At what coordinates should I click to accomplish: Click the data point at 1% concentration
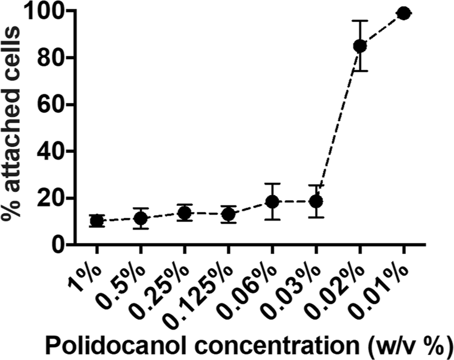[x=96, y=221]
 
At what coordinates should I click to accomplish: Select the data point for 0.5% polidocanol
[x=141, y=218]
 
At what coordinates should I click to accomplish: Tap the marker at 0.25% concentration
[x=185, y=213]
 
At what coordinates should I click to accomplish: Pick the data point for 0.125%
[x=229, y=214]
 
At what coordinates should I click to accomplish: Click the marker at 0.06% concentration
[x=272, y=202]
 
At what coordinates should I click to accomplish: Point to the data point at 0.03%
[x=316, y=201]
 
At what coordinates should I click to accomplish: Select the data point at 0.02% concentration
[x=360, y=46]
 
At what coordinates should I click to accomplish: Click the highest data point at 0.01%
[x=403, y=13]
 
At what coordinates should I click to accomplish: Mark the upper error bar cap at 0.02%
[x=360, y=21]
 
